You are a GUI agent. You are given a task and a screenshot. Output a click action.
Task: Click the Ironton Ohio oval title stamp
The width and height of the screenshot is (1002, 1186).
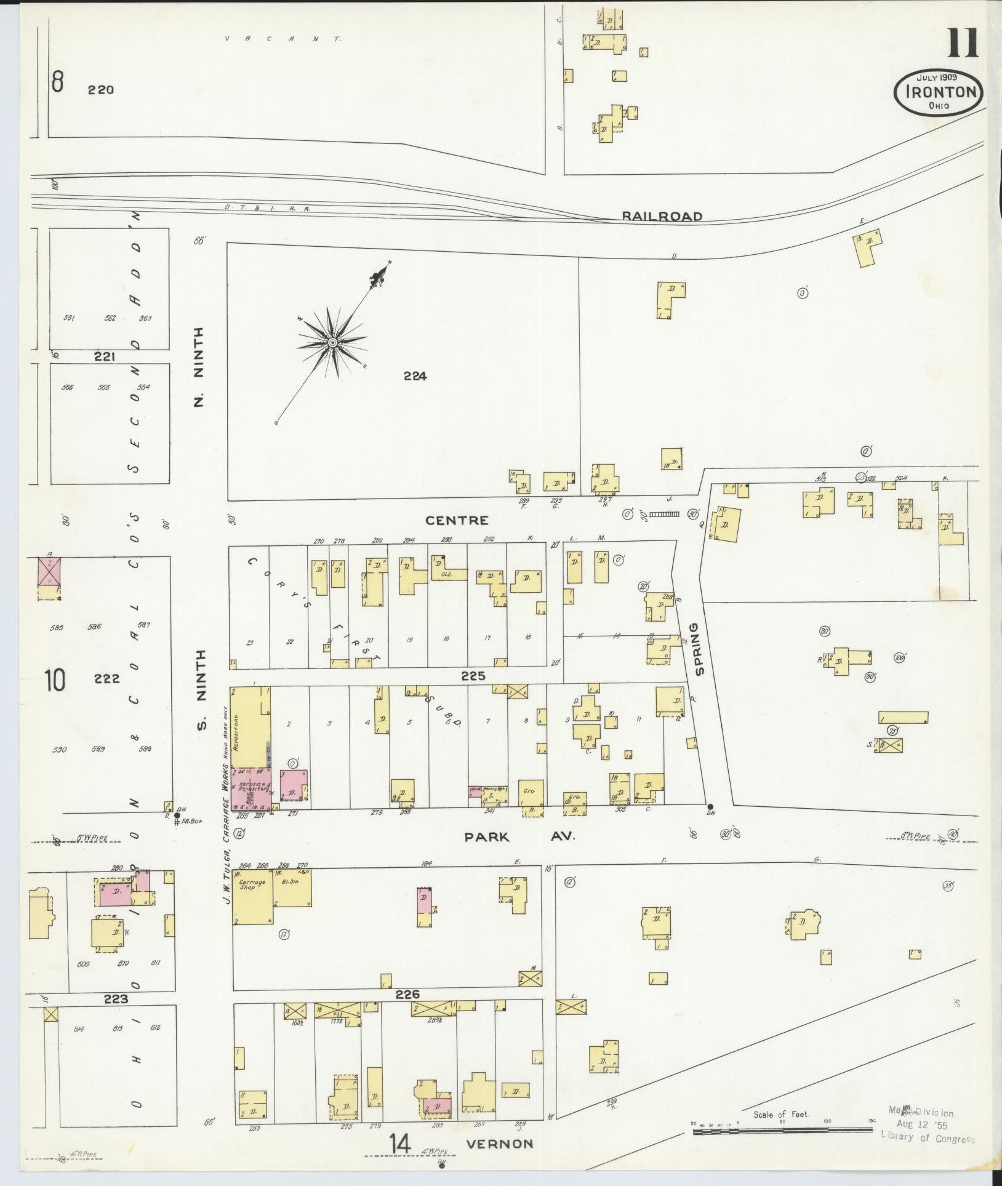point(939,92)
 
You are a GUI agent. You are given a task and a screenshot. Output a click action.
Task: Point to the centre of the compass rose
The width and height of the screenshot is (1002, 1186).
point(332,342)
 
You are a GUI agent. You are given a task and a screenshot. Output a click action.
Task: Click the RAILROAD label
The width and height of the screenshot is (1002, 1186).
point(662,216)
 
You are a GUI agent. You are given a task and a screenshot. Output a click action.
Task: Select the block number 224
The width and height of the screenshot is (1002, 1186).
point(415,376)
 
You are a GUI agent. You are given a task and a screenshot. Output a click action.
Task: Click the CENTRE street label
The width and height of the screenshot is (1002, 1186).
point(457,520)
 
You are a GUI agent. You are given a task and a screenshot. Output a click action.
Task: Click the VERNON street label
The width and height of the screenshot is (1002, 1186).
point(499,1144)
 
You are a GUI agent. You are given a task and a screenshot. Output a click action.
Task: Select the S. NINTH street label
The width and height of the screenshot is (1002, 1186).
point(201,691)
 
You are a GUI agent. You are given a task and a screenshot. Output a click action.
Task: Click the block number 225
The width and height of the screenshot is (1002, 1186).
point(473,676)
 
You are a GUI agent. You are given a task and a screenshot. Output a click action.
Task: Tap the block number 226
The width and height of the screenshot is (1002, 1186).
point(407,994)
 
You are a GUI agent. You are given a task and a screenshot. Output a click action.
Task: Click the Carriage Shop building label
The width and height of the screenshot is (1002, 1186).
point(252,885)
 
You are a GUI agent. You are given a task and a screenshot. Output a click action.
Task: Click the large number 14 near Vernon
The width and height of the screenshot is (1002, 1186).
point(399,1144)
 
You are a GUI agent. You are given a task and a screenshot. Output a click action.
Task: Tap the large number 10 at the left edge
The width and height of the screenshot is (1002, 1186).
point(54,680)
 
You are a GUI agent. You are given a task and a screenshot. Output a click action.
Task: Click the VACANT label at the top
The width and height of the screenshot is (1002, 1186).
point(283,38)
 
